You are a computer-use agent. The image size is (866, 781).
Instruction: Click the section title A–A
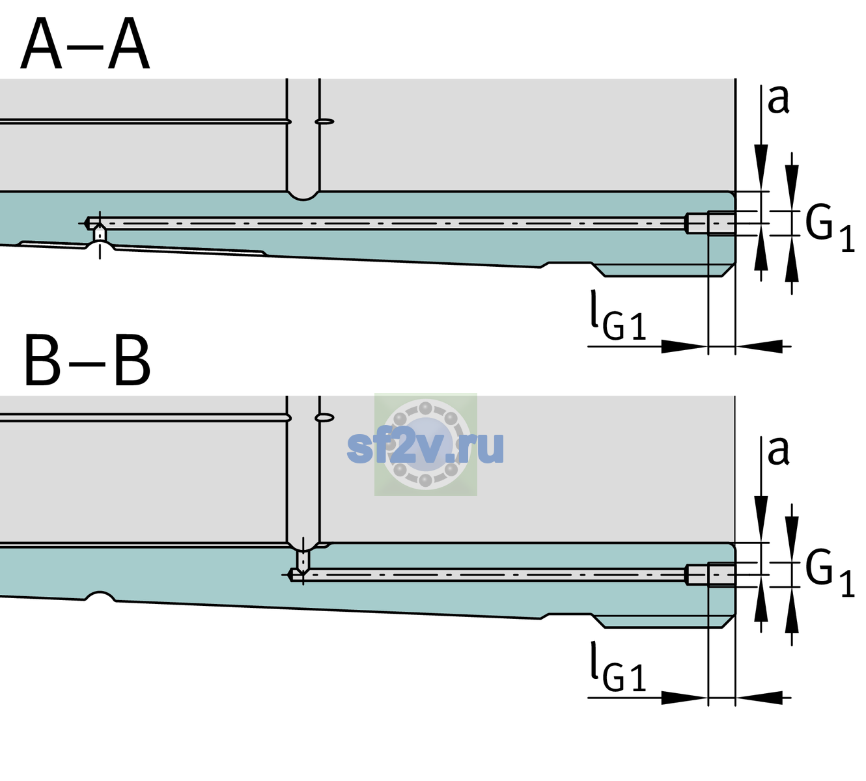tap(85, 44)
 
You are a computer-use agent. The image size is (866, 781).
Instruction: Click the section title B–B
tap(88, 360)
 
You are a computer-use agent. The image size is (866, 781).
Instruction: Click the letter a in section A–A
tap(778, 100)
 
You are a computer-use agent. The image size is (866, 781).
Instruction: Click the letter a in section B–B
tap(778, 451)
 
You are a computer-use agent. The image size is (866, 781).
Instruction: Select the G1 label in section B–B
tap(830, 573)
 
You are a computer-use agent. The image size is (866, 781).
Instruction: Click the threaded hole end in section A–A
tap(710, 223)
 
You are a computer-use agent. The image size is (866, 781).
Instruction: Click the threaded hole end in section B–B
tap(710, 575)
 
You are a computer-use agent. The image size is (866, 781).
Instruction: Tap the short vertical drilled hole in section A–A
tap(100, 234)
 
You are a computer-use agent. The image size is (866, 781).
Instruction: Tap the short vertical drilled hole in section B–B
tap(303, 560)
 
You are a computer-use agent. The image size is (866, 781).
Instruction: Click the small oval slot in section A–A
tap(324, 122)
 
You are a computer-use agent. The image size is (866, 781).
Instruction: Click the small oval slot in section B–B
tap(324, 418)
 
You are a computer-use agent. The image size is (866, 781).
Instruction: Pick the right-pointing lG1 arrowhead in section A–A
tap(685, 346)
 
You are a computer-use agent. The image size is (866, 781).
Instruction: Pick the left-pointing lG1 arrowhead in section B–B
tap(759, 697)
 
